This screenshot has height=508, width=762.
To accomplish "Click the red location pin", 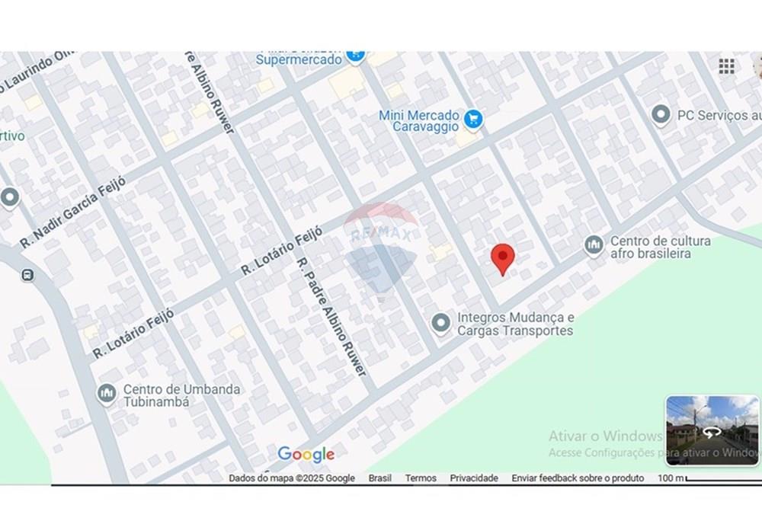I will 502,258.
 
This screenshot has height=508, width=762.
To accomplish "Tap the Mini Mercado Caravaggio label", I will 419,121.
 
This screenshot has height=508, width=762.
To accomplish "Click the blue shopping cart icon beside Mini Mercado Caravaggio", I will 473,119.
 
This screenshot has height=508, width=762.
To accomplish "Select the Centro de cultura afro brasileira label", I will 660,247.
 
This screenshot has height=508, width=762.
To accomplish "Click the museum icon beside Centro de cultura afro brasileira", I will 594,245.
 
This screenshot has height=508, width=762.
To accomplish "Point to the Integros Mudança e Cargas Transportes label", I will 515,324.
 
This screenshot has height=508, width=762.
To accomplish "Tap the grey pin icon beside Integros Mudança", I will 440,324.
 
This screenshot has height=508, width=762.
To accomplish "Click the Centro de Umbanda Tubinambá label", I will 181,395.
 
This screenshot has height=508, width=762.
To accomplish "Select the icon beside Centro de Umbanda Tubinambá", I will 107,394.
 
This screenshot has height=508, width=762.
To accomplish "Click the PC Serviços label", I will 718,116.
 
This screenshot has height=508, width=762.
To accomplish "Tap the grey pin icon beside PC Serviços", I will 661,115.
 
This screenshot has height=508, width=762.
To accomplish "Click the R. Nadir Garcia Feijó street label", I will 72,210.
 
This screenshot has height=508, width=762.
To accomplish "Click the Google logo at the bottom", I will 306,455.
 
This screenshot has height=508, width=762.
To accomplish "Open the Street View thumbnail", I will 712,430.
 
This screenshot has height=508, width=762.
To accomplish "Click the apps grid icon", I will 727,66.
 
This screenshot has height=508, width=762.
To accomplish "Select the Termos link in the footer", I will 421,478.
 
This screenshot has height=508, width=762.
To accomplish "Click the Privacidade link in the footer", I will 474,478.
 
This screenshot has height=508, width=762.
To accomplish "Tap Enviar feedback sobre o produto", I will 578,478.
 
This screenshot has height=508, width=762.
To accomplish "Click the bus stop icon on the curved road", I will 28,275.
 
